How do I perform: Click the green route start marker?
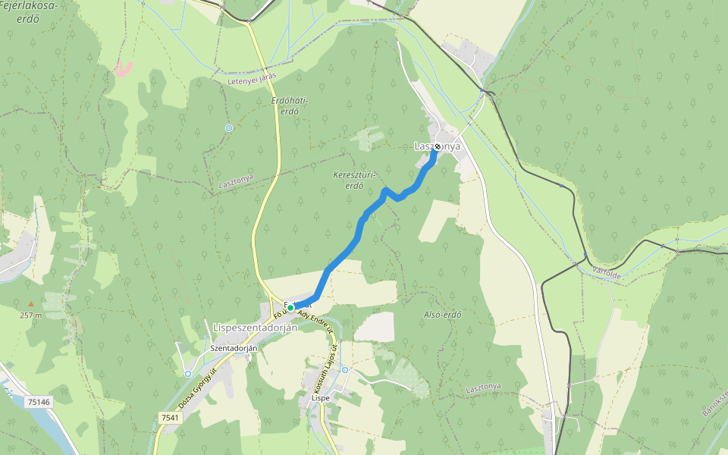290,307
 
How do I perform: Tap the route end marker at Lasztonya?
438,146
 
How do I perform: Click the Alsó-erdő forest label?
443,314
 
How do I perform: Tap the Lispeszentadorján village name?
256,328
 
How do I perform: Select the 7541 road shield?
170,418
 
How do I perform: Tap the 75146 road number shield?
38,402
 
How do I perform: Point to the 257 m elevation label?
30,315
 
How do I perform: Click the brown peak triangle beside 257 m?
31,303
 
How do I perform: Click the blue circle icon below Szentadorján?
187,373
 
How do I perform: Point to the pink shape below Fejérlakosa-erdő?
123,68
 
